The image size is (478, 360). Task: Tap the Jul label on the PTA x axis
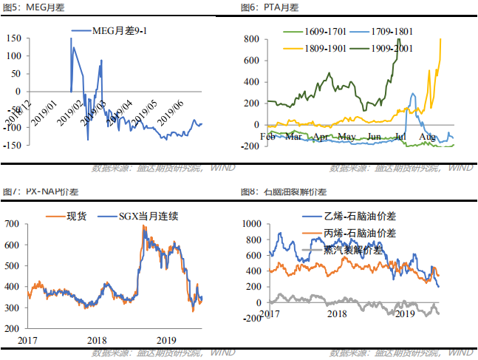(402, 137)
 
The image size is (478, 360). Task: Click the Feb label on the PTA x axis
(267, 137)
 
